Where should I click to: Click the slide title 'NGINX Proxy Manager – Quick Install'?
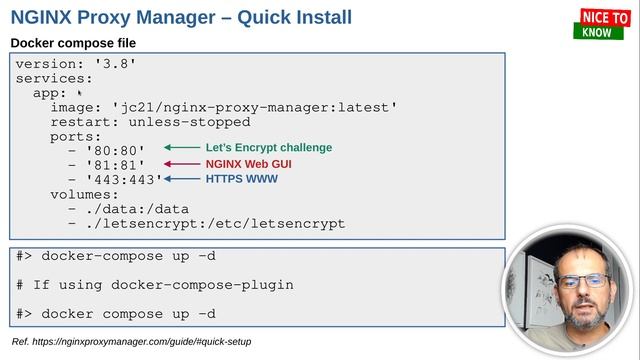click(181, 17)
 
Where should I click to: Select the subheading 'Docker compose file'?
click(73, 43)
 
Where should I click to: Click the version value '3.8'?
click(114, 63)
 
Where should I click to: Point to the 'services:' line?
click(54, 77)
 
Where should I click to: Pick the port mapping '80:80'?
click(115, 150)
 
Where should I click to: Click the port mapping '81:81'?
click(115, 165)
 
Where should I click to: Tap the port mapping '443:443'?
click(124, 180)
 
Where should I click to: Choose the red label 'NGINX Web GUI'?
click(249, 164)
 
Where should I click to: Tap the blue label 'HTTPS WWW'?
click(241, 179)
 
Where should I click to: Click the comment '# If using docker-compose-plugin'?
click(154, 285)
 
